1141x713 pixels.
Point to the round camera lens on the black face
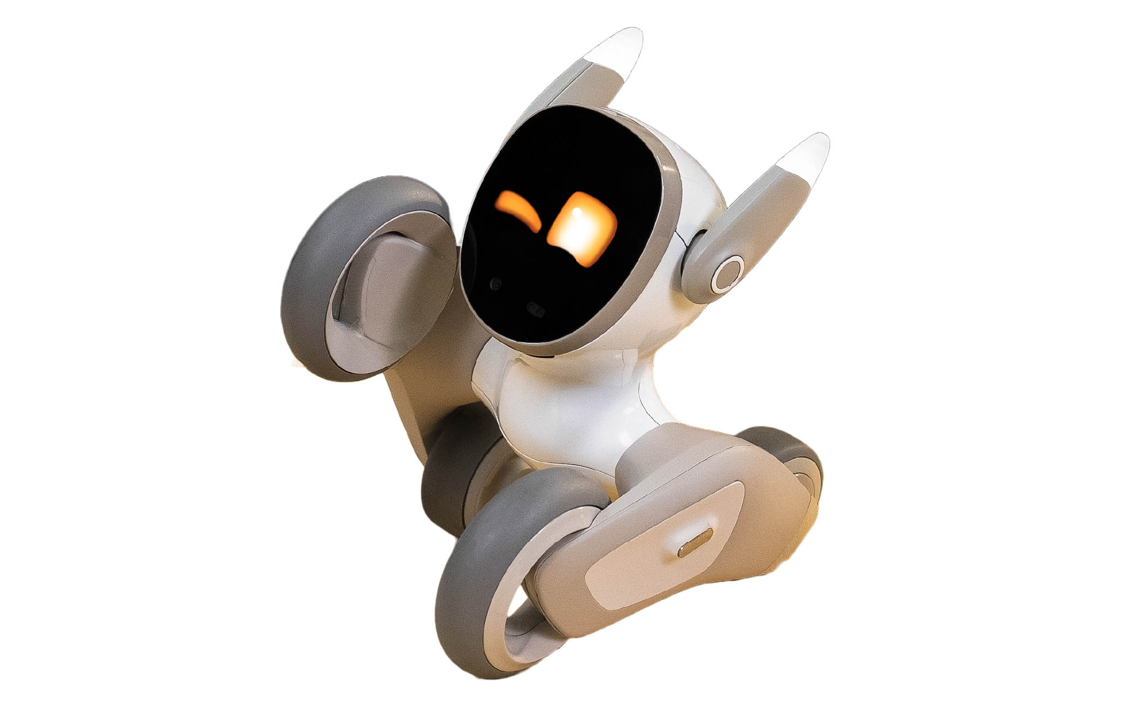tap(497, 284)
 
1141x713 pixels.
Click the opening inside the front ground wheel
tap(507, 638)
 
